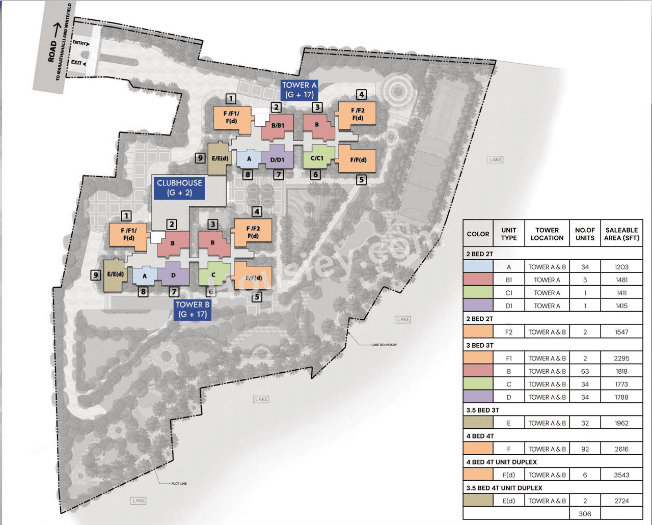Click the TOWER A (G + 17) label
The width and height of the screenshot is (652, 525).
click(300, 90)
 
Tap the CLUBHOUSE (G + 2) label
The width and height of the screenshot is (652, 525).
click(179, 188)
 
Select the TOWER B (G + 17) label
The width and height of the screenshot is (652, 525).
click(192, 310)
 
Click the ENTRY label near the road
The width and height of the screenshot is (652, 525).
click(80, 43)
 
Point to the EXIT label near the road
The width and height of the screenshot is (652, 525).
click(77, 63)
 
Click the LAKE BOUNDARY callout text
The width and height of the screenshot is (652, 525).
click(384, 345)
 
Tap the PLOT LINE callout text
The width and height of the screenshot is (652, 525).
click(179, 483)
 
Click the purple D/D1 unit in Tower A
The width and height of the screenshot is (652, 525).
click(278, 158)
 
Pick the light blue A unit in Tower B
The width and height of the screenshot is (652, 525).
click(145, 276)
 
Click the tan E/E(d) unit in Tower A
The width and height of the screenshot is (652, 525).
click(220, 158)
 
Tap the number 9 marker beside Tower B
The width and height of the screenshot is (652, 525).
click(95, 275)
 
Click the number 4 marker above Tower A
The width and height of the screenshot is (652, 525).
click(361, 94)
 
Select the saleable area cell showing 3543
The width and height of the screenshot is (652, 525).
click(621, 475)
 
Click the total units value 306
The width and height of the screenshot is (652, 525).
click(585, 514)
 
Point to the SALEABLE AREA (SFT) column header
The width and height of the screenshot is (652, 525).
click(621, 234)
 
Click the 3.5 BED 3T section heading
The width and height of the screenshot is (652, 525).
click(482, 410)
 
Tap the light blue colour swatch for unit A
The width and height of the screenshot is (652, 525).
click(478, 267)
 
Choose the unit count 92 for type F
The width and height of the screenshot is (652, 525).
click(585, 449)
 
